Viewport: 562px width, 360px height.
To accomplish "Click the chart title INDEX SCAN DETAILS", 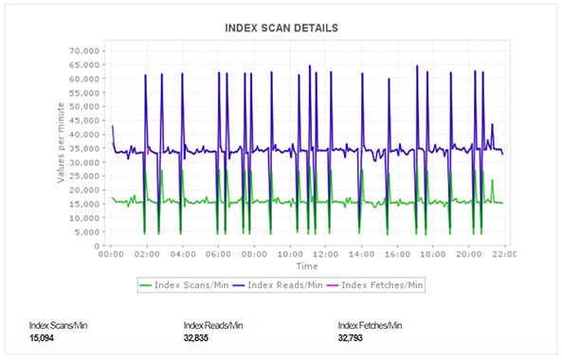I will click(281, 27).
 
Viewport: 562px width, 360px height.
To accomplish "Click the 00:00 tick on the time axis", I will click(111, 254).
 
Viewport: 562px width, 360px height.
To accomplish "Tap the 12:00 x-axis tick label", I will click(325, 254).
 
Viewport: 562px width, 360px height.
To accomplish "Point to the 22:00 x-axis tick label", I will click(503, 254).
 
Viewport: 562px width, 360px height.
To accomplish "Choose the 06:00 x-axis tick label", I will click(218, 254).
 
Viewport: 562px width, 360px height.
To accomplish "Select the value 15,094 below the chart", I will click(42, 337).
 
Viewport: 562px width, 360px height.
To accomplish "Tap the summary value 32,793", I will click(351, 337).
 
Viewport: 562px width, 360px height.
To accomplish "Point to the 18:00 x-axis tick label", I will click(432, 254).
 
